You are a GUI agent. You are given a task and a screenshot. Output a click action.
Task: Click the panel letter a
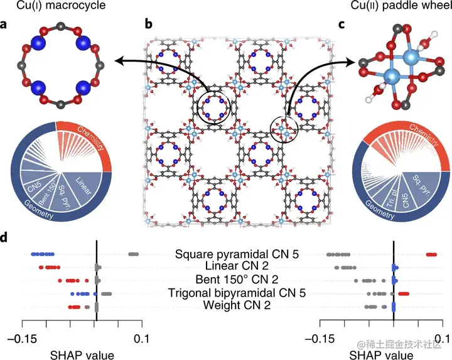tap(6, 26)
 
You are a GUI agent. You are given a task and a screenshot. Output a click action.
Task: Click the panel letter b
tap(148, 26)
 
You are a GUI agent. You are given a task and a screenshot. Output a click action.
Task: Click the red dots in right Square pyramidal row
tap(432, 254)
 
